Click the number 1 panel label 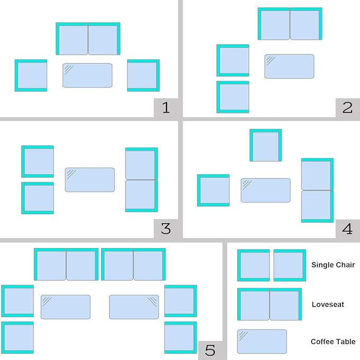[166, 108]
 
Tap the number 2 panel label [347, 108]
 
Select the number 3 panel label [166, 229]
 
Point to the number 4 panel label [347, 229]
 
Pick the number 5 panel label [210, 350]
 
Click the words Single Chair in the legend [333, 265]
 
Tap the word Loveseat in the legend [328, 304]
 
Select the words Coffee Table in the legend [333, 341]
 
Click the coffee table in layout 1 [87, 75]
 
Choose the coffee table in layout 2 [289, 66]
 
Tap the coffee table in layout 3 [90, 180]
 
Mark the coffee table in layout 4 [266, 190]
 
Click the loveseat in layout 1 [88, 39]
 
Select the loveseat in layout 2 [290, 24]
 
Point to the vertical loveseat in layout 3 [142, 180]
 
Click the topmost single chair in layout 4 [266, 145]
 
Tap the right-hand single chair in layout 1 [144, 75]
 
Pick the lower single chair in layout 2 [233, 97]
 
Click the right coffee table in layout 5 [134, 307]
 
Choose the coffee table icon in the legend [262, 341]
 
